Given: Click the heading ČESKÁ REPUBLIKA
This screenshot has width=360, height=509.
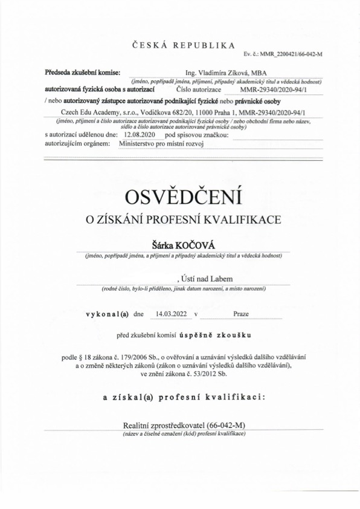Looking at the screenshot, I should pos(182,45).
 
